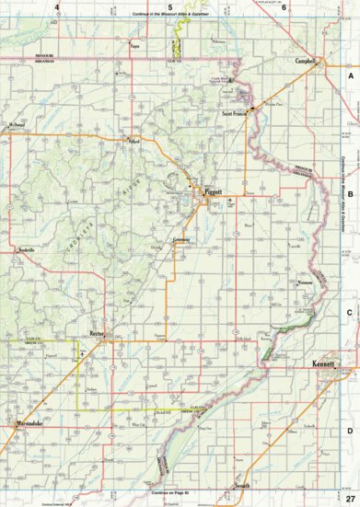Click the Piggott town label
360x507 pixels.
[x=214, y=191]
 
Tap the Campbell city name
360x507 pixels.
[x=306, y=63]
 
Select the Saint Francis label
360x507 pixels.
[x=234, y=113]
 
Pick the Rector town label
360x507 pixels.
[x=99, y=333]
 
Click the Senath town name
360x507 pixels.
[x=242, y=485]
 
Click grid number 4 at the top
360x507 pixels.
[x=57, y=8]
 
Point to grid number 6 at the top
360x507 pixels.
[x=285, y=8]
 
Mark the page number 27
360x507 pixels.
[x=350, y=498]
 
